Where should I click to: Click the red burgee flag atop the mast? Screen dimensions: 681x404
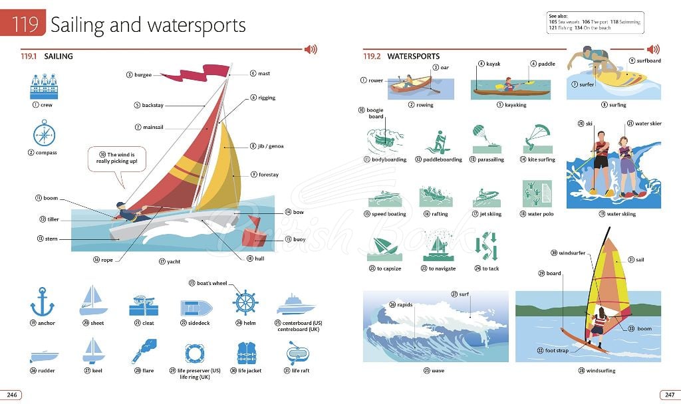pos(198,73)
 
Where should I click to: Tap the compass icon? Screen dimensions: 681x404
pos(45,134)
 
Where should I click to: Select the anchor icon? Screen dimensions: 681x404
pos(42,302)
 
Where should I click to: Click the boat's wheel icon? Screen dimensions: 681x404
pos(245,302)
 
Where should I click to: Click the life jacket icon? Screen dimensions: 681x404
pos(247,353)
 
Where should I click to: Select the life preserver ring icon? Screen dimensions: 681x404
pos(195,353)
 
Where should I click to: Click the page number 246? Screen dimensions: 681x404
pos(12,395)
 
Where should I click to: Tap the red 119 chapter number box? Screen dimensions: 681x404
pos(23,23)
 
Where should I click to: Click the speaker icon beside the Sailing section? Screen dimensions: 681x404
pos(311,49)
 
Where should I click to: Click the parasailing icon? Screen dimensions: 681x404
pos(486,139)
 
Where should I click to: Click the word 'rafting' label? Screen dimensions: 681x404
pos(440,214)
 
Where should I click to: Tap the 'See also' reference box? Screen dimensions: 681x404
pos(595,23)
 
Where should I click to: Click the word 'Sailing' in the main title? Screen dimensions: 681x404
pos(77,25)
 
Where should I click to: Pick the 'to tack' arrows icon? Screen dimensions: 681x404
pos(486,246)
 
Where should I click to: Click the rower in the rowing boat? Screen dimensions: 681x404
pos(408,81)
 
